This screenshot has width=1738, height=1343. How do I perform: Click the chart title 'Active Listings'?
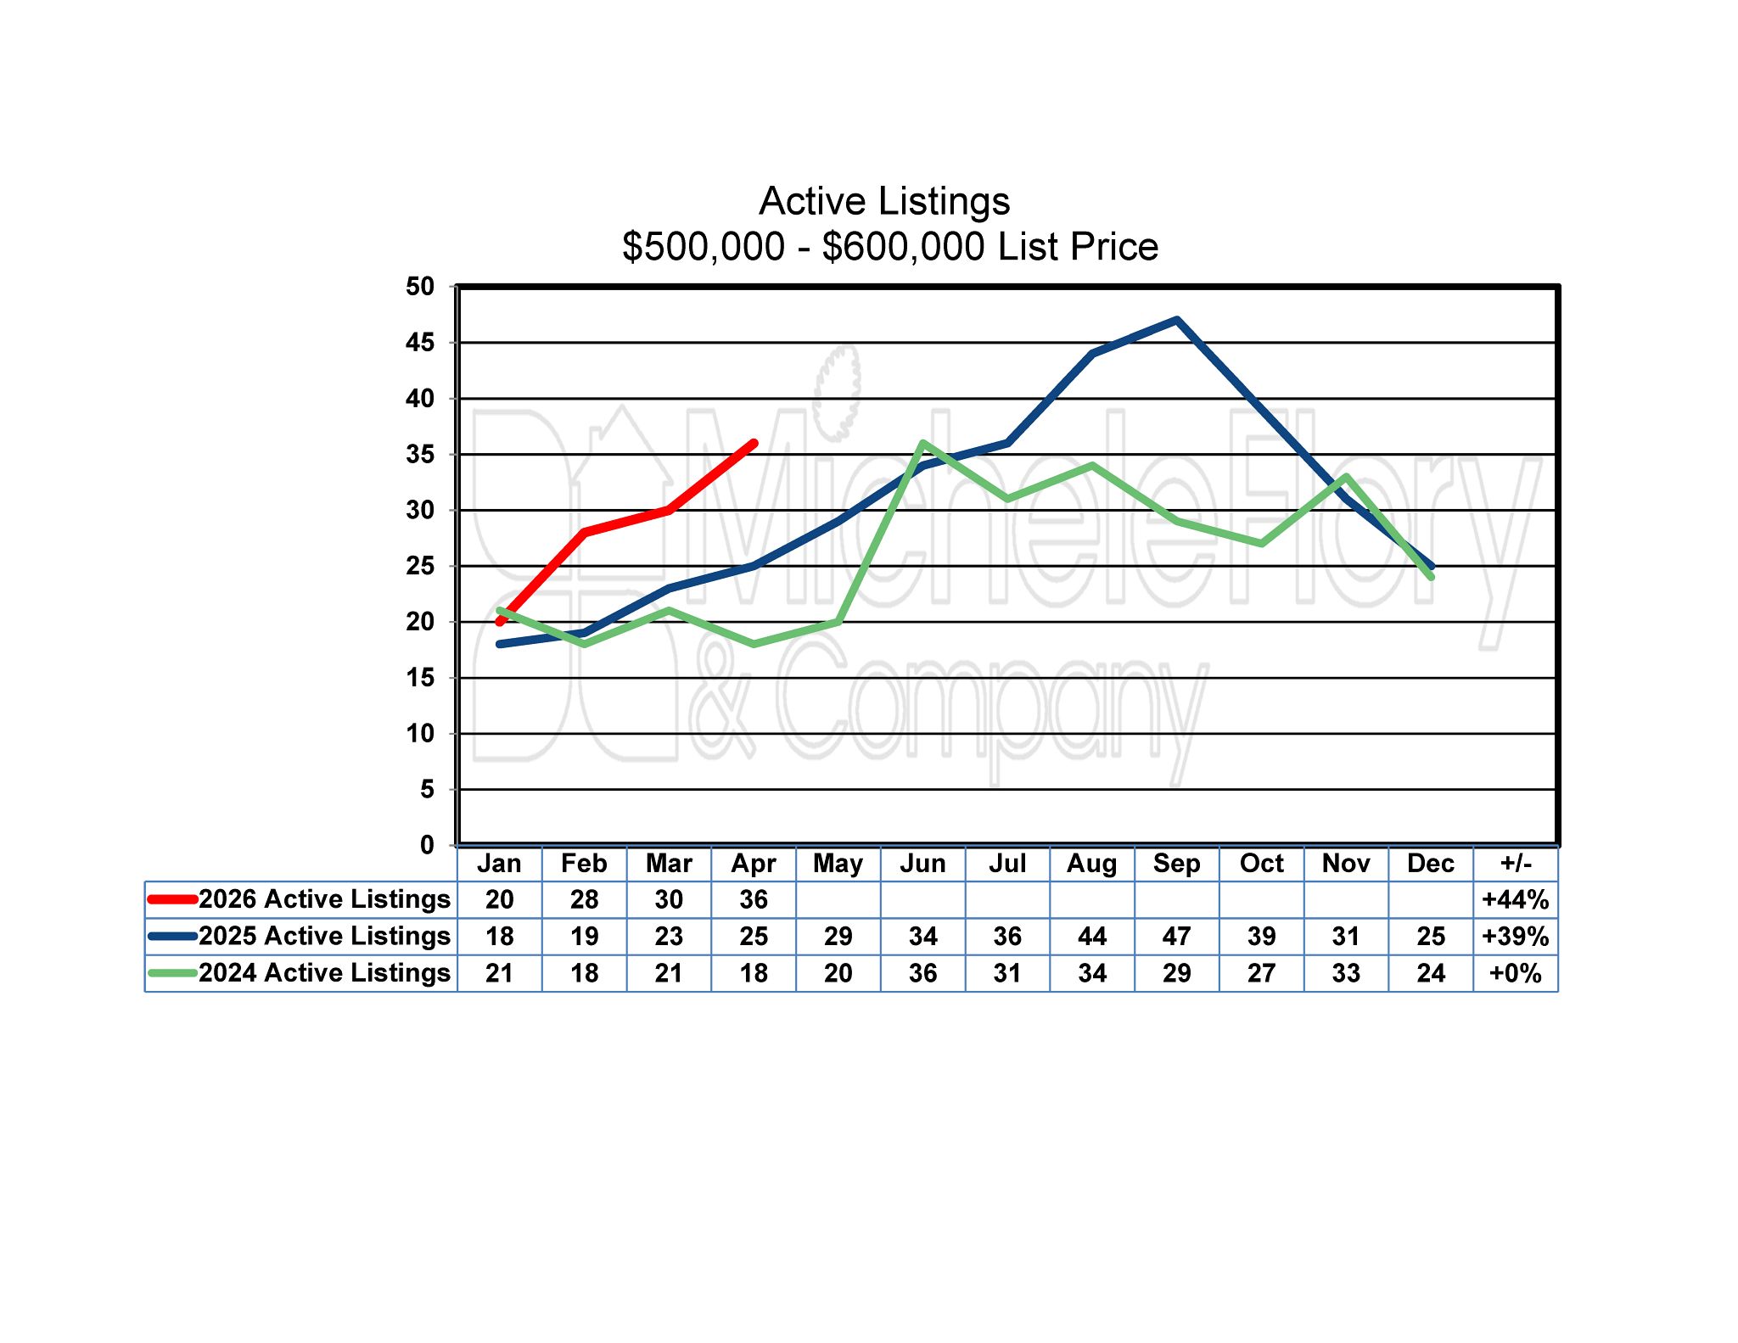pos(884,202)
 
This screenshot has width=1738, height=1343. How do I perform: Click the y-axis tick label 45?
pos(420,343)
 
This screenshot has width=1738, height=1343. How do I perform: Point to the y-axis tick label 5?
pos(427,790)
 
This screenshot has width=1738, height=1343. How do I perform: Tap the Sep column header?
pos(1176,864)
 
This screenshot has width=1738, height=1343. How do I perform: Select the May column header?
pos(838,864)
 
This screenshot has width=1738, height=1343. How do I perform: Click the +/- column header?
pos(1516,864)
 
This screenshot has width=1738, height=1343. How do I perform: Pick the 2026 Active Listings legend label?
pos(324,899)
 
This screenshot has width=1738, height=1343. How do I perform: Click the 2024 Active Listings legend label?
pos(324,972)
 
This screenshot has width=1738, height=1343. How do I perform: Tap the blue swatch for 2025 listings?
pos(172,936)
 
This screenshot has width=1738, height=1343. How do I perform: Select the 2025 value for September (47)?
pos(1176,937)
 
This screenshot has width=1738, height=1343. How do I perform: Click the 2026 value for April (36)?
pos(754,899)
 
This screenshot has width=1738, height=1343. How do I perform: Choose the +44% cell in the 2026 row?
pos(1516,899)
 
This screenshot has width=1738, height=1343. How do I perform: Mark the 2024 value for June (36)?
pos(922,973)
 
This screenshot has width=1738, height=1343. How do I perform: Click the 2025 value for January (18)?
pos(500,937)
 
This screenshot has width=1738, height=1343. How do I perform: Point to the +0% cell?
pos(1516,973)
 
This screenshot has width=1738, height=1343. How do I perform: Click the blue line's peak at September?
pos(1177,321)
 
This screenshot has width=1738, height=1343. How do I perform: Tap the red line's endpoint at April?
pos(754,443)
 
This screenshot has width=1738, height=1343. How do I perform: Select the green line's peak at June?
pos(922,443)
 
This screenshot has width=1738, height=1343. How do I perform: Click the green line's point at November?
pos(1346,477)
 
